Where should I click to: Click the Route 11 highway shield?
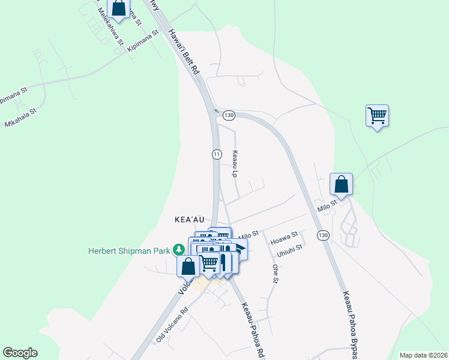(x=216, y=154)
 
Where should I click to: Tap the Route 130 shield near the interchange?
(x=228, y=115)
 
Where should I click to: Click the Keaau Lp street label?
(x=235, y=164)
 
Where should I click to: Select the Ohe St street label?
(x=275, y=274)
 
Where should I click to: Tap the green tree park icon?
(x=178, y=249)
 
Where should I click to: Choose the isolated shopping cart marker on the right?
(x=377, y=115)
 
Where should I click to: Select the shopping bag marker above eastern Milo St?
(x=341, y=184)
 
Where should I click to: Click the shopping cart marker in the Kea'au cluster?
(x=209, y=263)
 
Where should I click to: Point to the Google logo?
(x=20, y=353)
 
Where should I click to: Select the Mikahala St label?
(x=20, y=118)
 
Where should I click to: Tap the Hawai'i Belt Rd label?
(x=183, y=52)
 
